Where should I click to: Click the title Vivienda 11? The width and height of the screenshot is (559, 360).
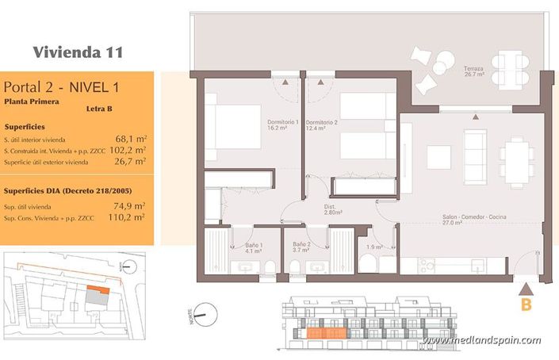coord(78,52)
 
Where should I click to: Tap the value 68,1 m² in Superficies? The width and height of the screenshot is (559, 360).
coord(129,137)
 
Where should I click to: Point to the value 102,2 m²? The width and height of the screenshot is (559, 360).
coord(127,149)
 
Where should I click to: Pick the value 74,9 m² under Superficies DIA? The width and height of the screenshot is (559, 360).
coord(129,205)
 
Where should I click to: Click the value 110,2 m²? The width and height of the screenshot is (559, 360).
coord(127,216)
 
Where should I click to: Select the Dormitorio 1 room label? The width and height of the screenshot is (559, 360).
coord(282,124)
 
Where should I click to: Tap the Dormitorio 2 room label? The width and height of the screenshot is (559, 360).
coord(322,124)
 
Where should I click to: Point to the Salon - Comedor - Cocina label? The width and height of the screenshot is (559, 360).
coord(475,220)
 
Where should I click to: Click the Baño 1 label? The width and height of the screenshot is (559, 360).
coord(254,247)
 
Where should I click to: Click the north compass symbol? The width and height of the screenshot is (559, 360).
coord(204,314)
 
